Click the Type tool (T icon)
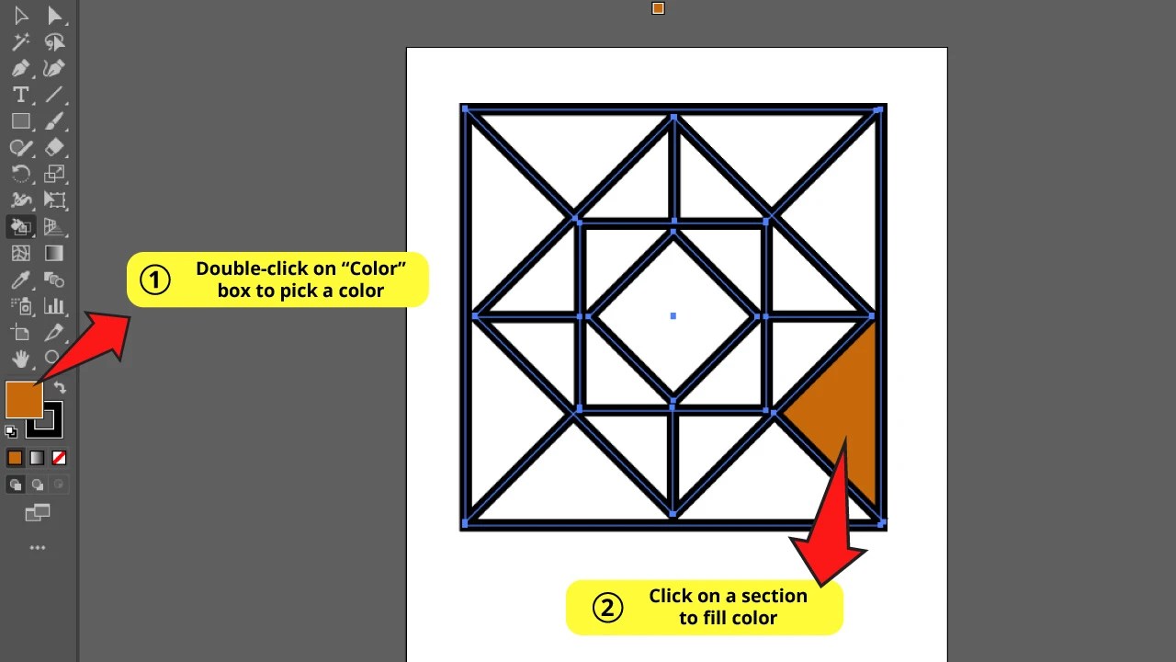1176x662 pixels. click(20, 95)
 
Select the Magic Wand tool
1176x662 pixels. click(20, 42)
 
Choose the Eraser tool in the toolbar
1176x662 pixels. click(54, 147)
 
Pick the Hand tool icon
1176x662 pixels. click(20, 359)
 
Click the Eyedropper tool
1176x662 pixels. click(20, 280)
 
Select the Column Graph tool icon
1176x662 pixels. click(54, 306)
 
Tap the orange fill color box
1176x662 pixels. click(23, 399)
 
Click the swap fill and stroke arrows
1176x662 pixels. click(60, 388)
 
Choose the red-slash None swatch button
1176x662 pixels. click(59, 458)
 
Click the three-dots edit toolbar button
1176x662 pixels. click(37, 548)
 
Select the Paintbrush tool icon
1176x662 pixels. click(54, 121)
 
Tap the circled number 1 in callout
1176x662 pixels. click(154, 280)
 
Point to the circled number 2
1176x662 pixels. click(607, 607)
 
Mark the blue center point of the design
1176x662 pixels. click(673, 316)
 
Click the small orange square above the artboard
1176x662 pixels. click(658, 8)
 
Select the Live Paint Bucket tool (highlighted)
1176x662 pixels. click(20, 226)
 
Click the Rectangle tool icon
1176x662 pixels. click(20, 121)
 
